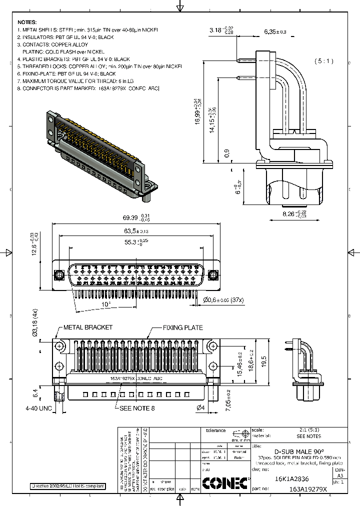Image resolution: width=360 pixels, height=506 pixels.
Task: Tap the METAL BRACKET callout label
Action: (87, 327)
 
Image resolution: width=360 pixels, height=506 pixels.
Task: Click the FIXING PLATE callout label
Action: (182, 327)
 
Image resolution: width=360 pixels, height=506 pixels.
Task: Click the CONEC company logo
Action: (225, 482)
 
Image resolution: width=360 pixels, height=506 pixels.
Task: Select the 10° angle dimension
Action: (106, 304)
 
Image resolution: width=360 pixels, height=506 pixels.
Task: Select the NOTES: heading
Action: (27, 22)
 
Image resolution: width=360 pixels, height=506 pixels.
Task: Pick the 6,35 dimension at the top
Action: (274, 32)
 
